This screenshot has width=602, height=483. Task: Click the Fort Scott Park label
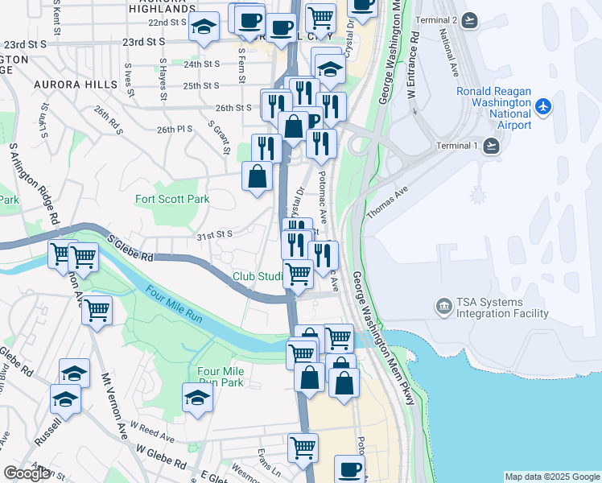(171, 199)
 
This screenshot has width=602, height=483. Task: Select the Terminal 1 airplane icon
(492, 146)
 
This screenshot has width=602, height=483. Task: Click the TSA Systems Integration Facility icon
(443, 306)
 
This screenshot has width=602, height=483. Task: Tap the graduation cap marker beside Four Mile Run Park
(197, 397)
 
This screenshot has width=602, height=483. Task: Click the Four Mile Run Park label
(221, 376)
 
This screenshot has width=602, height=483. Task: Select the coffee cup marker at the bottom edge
(349, 469)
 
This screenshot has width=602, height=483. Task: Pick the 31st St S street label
(213, 234)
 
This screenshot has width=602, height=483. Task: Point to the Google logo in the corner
(27, 473)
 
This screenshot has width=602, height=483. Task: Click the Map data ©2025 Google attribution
(551, 477)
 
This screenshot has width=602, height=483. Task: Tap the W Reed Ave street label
(152, 432)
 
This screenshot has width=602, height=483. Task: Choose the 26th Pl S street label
(175, 130)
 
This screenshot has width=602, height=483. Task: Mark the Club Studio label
(258, 276)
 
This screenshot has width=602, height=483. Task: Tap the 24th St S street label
(201, 64)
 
